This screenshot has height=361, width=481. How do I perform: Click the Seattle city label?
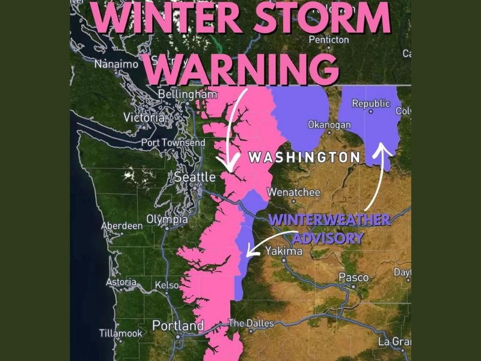(x=195, y=177)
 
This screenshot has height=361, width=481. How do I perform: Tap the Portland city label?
(x=178, y=326)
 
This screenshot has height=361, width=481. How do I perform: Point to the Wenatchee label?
(x=294, y=193)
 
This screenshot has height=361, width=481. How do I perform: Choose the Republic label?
(x=371, y=104)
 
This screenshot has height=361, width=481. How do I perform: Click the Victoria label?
(x=144, y=118)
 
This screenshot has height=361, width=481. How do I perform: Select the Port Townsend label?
(x=173, y=143)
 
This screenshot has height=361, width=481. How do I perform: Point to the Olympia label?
(x=167, y=220)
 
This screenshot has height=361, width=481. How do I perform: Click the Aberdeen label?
(x=122, y=226)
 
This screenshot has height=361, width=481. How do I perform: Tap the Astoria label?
(x=121, y=282)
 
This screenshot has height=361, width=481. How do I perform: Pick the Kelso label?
(x=167, y=285)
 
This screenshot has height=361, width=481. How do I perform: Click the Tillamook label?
(x=121, y=333)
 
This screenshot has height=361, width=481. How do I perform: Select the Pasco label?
(x=354, y=277)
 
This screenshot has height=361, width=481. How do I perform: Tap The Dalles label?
(x=251, y=323)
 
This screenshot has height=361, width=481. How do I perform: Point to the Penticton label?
(x=328, y=40)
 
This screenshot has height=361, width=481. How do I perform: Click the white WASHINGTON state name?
(x=304, y=158)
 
